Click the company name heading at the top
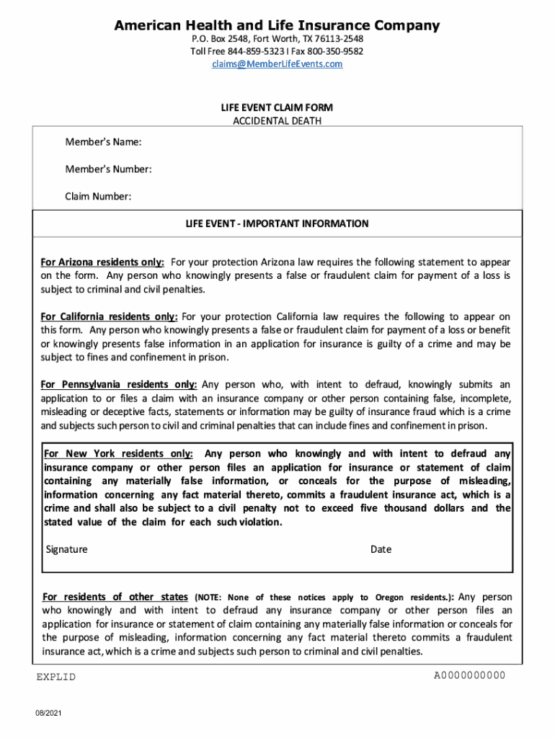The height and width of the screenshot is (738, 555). [x=277, y=26]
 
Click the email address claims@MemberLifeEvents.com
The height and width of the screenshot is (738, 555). [x=277, y=64]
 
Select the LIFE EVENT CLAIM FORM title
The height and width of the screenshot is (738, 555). [x=277, y=107]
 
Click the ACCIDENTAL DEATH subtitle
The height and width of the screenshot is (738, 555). [x=277, y=121]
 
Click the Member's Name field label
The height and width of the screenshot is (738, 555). [x=103, y=142]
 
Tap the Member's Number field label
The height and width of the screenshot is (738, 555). [x=108, y=169]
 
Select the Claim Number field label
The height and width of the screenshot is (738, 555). [x=98, y=197]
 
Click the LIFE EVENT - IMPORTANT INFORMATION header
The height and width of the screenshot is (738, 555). [x=277, y=224]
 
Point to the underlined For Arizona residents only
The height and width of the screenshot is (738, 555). [x=102, y=262]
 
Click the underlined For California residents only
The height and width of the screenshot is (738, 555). [x=109, y=316]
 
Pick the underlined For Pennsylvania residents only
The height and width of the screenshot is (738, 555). [x=119, y=385]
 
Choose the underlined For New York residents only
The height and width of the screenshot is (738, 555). [x=118, y=454]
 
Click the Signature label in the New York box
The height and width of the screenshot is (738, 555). [x=66, y=549]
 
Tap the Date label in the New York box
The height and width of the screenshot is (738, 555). [x=381, y=549]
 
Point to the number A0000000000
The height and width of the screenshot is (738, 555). [x=469, y=675]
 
